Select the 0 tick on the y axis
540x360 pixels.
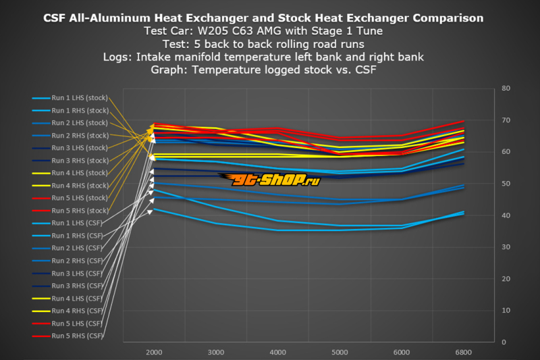(504, 342)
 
